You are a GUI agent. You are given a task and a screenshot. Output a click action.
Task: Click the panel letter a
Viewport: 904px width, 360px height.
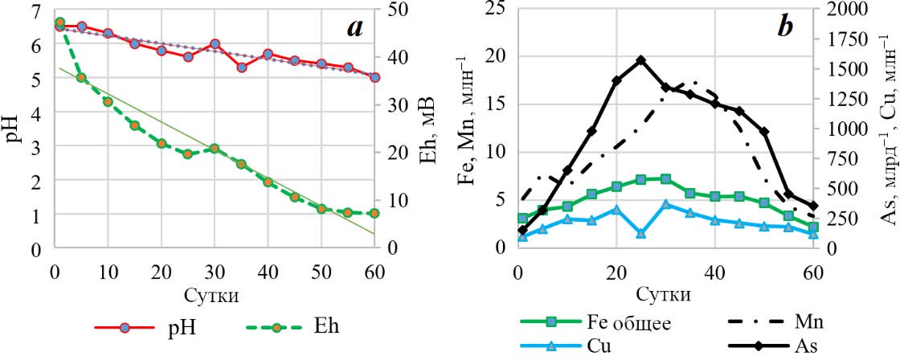(354, 30)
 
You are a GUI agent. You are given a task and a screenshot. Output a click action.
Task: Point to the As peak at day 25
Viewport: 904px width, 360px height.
(640, 60)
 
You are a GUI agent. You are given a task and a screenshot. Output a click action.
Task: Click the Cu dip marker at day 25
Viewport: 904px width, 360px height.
(640, 233)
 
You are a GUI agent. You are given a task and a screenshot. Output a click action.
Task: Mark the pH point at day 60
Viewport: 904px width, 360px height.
(374, 78)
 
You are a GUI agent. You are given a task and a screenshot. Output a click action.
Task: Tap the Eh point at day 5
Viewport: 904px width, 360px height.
(81, 77)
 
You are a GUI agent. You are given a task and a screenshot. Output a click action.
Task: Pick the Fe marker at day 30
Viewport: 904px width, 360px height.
(665, 178)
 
